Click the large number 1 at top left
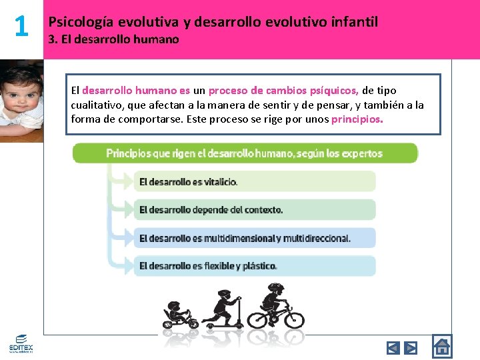pyautogui.click(x=21, y=27)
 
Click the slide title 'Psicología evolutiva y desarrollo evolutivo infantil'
pyautogui.click(x=213, y=22)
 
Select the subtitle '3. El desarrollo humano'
pyautogui.click(x=114, y=39)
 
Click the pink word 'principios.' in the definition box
pyautogui.click(x=357, y=119)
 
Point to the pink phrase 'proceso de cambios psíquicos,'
pyautogui.click(x=284, y=91)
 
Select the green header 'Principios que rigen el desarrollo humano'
pyautogui.click(x=245, y=153)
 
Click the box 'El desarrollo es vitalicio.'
pyautogui.click(x=255, y=181)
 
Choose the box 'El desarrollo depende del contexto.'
pyautogui.click(x=255, y=209)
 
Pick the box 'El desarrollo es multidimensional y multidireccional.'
pyautogui.click(x=255, y=238)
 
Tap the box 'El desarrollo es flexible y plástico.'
pyautogui.click(x=255, y=266)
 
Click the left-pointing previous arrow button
pyautogui.click(x=393, y=347)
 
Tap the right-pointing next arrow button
pyautogui.click(x=411, y=347)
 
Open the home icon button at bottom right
pyautogui.click(x=441, y=346)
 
